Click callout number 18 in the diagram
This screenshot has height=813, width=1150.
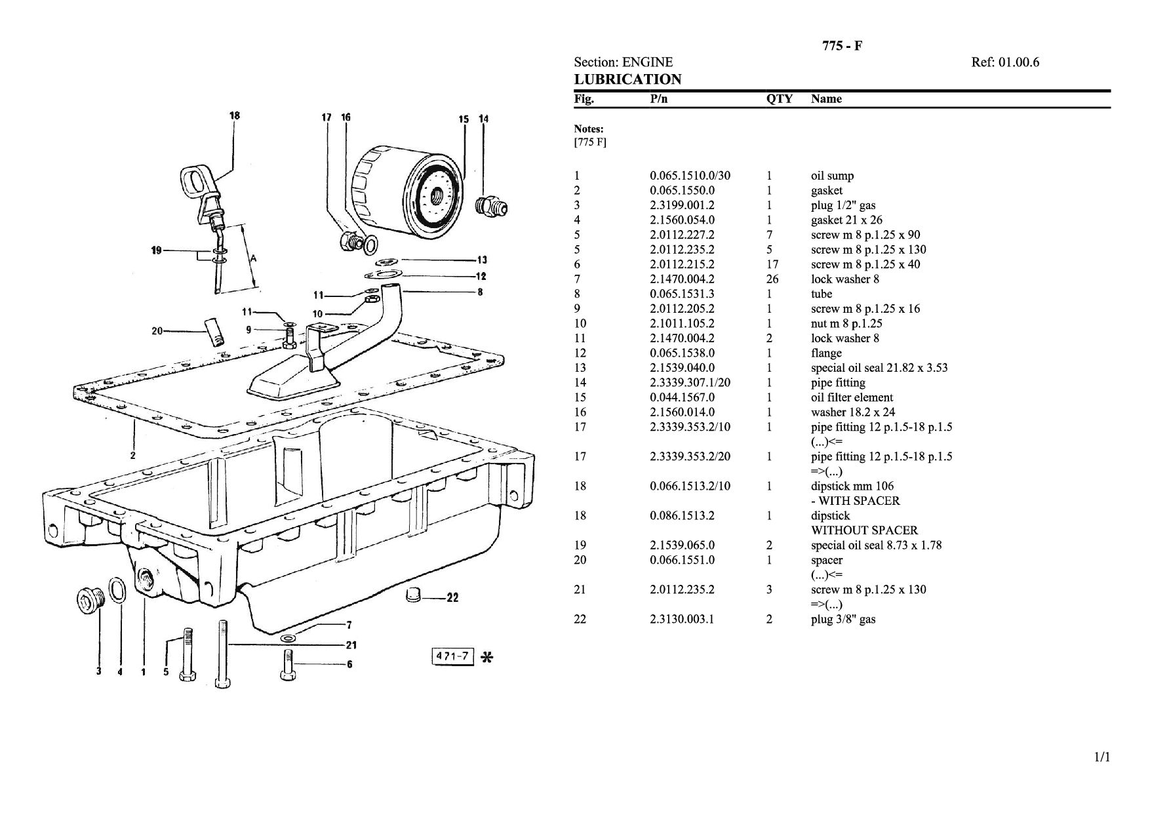pos(234,115)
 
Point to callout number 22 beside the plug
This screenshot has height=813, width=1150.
pos(452,597)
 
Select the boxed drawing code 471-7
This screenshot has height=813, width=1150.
pos(452,656)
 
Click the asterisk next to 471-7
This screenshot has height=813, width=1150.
pos(487,657)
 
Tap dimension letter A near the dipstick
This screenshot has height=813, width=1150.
pos(253,258)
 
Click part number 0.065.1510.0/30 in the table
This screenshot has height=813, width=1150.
pos(690,176)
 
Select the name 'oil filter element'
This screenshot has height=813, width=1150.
pos(852,397)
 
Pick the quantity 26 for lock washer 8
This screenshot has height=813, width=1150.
pos(772,279)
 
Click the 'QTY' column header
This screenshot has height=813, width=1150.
pos(780,99)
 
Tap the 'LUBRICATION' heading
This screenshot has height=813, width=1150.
pos(627,79)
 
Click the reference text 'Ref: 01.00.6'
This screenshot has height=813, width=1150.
pos(1005,62)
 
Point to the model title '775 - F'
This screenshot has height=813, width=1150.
pos(842,45)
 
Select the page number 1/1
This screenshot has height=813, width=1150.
pos(1102,758)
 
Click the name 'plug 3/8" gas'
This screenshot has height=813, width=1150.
pos(843,620)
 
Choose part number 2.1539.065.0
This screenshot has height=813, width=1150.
pos(682,545)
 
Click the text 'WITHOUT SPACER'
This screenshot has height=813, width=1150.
pos(864,530)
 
